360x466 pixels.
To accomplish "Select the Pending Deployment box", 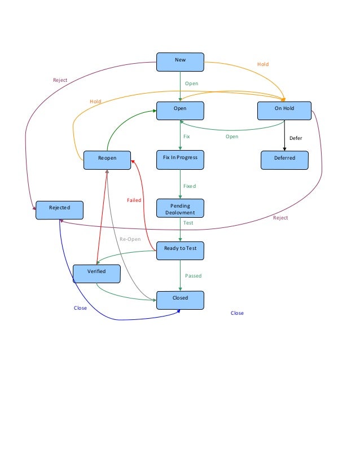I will tap(180, 209).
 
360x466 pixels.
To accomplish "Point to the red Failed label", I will tap(134, 200).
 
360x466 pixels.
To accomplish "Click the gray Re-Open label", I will tap(130, 239).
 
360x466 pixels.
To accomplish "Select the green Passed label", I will tap(193, 276).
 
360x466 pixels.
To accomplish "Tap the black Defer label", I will tap(296, 138).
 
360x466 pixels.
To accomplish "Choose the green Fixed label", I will tap(190, 186).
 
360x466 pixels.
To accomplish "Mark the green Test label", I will tap(188, 223).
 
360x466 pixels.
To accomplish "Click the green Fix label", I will tap(187, 137).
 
